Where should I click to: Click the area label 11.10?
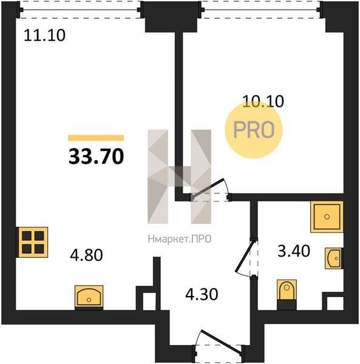pyautogui.click(x=44, y=36)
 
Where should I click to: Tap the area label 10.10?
pyautogui.click(x=263, y=101)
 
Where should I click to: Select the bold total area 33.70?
pyautogui.click(x=96, y=157)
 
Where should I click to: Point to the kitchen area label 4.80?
pyautogui.click(x=86, y=255)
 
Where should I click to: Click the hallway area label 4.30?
pyautogui.click(x=202, y=294)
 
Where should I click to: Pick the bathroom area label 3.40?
pyautogui.click(x=294, y=251)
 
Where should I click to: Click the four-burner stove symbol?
pyautogui.click(x=33, y=242)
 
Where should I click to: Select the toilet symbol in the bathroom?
pyautogui.click(x=287, y=294)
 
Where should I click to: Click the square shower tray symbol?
pyautogui.click(x=327, y=217)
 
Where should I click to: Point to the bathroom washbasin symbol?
pyautogui.click(x=334, y=258)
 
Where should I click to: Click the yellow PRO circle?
pyautogui.click(x=254, y=130)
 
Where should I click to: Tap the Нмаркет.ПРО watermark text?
pyautogui.click(x=180, y=239)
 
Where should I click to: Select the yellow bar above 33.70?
pyautogui.click(x=96, y=138)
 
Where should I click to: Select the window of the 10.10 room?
pyautogui.click(x=262, y=10)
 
